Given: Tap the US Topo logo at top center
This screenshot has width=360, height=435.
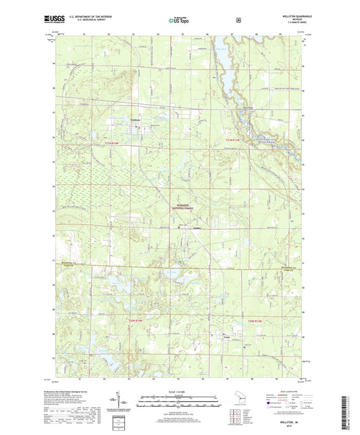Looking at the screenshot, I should [x=179, y=21].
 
